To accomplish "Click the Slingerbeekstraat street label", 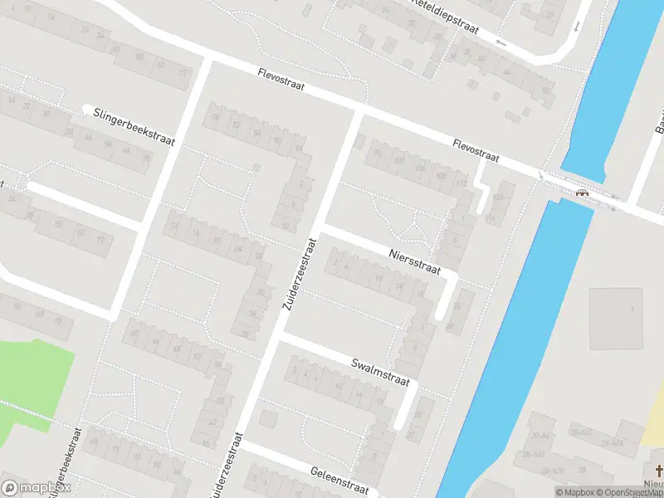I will click(134, 128).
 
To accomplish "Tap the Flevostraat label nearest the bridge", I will click(476, 150).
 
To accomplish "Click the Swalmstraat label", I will click(380, 373).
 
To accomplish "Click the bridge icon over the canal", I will click(583, 193).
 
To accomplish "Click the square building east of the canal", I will click(615, 319).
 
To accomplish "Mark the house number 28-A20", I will click(551, 471).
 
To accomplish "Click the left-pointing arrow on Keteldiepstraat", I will click(500, 41).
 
